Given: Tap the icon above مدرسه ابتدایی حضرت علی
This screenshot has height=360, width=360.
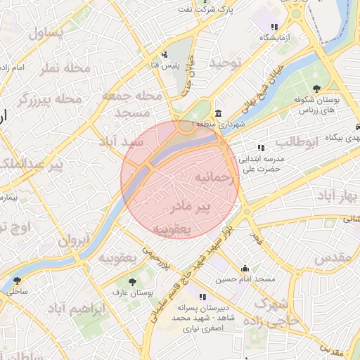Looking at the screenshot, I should pyautogui.click(x=261, y=148).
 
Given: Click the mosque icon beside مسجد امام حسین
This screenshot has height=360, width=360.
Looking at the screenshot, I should pyautogui.click(x=245, y=268).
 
